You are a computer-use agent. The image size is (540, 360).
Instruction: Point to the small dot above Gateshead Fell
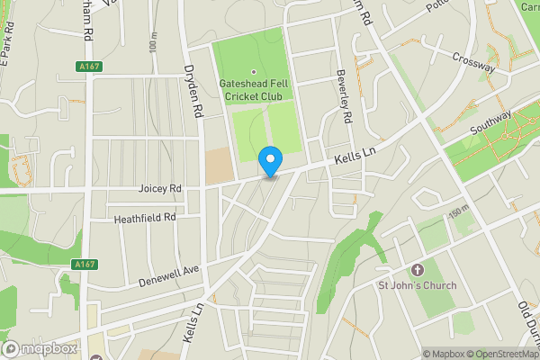[x=253, y=73]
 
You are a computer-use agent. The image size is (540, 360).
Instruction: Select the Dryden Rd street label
[x=192, y=93]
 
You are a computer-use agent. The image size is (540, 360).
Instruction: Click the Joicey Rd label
[x=160, y=190]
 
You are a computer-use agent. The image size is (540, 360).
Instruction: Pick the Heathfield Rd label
[x=144, y=218]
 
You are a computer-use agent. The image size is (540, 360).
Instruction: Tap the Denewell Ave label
[x=167, y=274]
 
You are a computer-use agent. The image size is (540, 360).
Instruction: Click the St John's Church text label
[x=417, y=285]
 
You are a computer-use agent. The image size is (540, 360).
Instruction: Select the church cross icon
[x=417, y=270]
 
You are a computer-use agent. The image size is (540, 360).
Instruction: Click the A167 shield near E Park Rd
[x=88, y=66]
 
